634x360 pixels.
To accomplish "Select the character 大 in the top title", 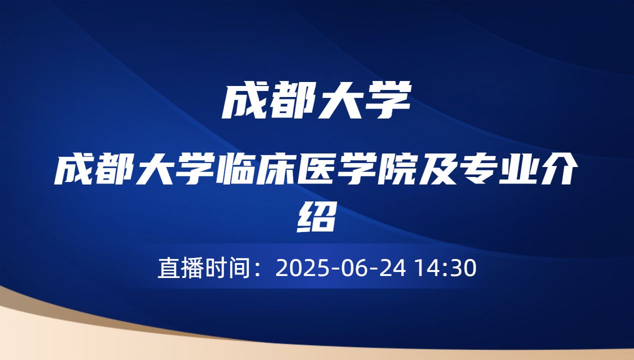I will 340,101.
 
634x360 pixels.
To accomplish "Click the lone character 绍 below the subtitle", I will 316,216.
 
